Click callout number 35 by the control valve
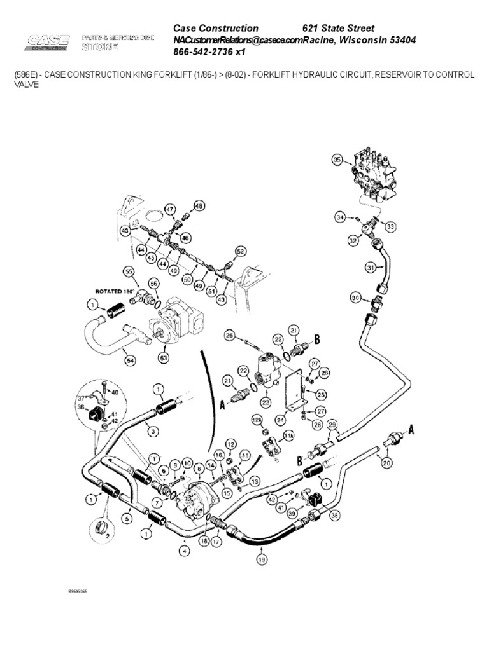pos(337,161)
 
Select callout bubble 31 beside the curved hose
pos(371,268)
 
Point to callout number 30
pos(355,298)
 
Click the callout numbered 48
pos(199,205)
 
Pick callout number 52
pos(240,251)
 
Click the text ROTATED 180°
pos(113,291)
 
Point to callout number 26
pos(229,335)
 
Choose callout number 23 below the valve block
pos(265,401)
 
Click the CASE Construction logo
pos(48,42)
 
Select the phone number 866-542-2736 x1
pos(209,51)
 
